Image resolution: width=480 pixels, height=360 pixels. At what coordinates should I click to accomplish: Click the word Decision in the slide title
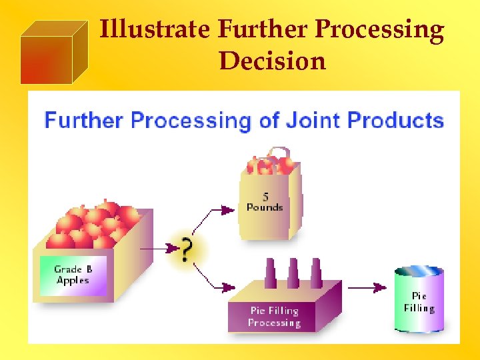272,61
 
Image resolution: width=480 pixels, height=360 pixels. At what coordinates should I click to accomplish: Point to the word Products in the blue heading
396,121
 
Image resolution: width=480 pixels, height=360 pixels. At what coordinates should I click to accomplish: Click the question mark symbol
187,250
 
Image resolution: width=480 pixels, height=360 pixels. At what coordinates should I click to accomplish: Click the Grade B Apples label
73,275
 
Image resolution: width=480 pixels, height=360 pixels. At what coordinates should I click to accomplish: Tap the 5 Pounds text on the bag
265,202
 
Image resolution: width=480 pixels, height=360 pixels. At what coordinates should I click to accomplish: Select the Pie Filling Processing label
274,317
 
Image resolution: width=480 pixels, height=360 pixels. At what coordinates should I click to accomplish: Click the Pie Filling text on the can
419,302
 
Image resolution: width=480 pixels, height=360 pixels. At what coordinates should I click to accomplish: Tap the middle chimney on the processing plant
293,273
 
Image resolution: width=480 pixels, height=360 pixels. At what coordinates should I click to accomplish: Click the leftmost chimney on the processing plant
271,274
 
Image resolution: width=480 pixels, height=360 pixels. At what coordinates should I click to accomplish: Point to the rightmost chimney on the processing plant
314,274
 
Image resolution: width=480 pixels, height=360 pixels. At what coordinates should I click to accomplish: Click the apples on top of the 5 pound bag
270,163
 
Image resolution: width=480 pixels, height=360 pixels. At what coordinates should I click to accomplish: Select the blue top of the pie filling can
419,272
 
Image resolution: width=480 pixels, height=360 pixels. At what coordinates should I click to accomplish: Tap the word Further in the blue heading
84,121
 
